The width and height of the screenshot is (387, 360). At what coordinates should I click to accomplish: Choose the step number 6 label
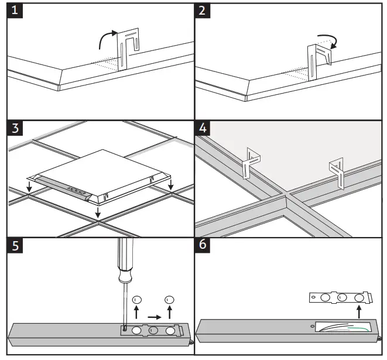coord(202,246)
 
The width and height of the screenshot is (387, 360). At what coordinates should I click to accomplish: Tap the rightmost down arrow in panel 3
coord(171,185)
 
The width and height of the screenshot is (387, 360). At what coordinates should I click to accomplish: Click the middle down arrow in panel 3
coord(98,215)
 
